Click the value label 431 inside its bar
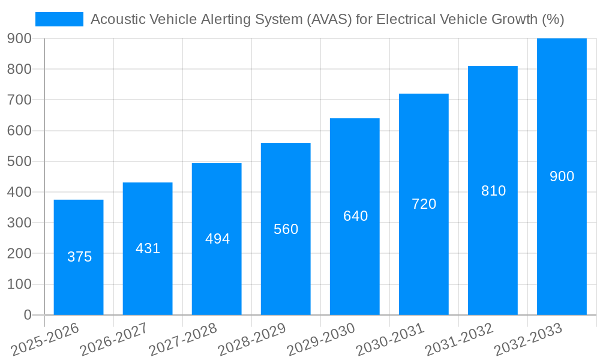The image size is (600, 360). coord(148,248)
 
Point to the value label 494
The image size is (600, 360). coord(217,239)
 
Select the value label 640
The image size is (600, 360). coord(355,216)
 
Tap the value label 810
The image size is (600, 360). coord(493,191)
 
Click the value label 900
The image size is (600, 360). coord(562,176)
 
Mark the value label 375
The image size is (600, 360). coord(79,257)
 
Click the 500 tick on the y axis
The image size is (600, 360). coord(19,161)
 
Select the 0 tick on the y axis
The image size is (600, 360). coord(27,315)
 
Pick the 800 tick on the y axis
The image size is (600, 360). coord(19,69)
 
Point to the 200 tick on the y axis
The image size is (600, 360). coord(19,254)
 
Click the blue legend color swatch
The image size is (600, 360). coord(59,19)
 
